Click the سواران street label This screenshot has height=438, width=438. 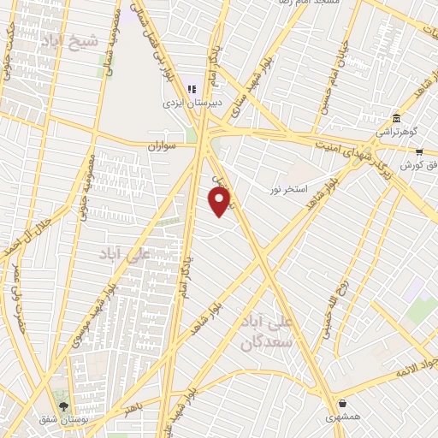[161, 147]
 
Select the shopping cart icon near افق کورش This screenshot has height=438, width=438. [419, 151]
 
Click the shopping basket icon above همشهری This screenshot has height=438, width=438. [343, 403]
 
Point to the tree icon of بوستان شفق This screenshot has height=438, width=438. [62, 404]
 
